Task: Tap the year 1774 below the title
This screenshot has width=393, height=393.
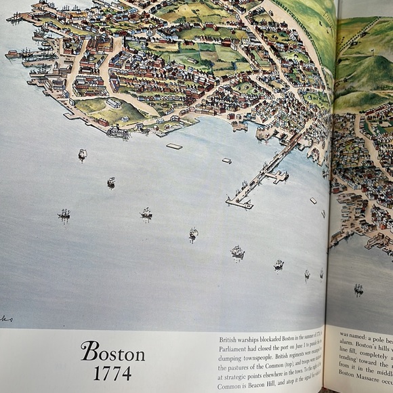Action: [x=112, y=373]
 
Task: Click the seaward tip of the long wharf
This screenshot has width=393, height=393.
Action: [x=230, y=201]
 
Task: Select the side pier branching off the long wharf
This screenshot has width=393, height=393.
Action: [x=278, y=176]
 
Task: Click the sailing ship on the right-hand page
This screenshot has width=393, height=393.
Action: [x=358, y=289]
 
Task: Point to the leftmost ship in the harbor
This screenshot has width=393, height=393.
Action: [x=64, y=214]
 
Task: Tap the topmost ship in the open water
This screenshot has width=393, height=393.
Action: [x=82, y=154]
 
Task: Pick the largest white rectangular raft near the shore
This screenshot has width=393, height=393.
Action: [x=174, y=146]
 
